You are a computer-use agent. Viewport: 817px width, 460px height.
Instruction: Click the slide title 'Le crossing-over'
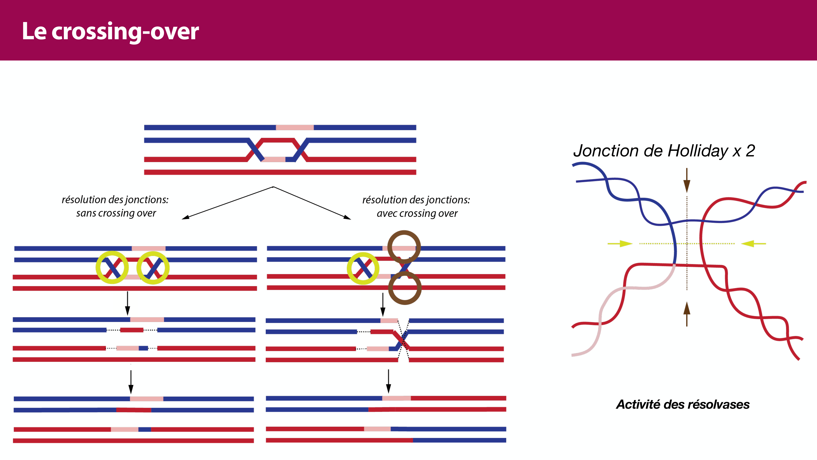(110, 31)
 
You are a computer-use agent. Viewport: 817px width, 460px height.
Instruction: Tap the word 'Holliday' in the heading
(698, 151)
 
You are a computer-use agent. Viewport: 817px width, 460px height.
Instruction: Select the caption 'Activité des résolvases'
(683, 404)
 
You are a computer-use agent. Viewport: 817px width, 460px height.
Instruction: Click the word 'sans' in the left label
(86, 213)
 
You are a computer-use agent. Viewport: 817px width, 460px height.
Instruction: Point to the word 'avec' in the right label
(387, 213)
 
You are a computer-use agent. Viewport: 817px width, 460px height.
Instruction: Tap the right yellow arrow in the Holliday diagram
(753, 243)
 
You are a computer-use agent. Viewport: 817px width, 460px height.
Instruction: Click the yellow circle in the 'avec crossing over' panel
(363, 268)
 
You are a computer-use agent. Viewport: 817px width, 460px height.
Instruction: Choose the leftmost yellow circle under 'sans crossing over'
(112, 268)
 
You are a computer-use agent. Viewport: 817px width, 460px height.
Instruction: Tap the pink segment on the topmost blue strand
(295, 128)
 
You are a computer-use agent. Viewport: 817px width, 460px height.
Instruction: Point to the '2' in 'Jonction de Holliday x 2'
(750, 151)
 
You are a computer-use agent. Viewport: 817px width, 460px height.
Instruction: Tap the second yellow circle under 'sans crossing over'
(153, 268)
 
